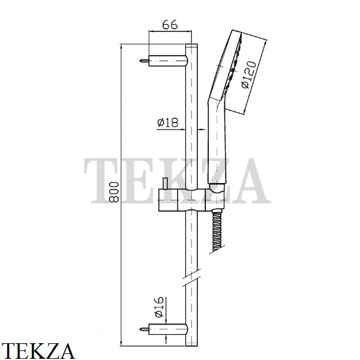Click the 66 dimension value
(170, 25)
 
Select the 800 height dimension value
(114, 192)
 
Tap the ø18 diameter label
(167, 122)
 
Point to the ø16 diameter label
(159, 307)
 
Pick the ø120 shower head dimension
(249, 74)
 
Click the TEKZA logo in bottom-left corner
(37, 351)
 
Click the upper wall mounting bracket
(168, 61)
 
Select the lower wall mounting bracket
(168, 329)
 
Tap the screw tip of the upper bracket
(140, 61)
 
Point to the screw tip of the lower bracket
(140, 329)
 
